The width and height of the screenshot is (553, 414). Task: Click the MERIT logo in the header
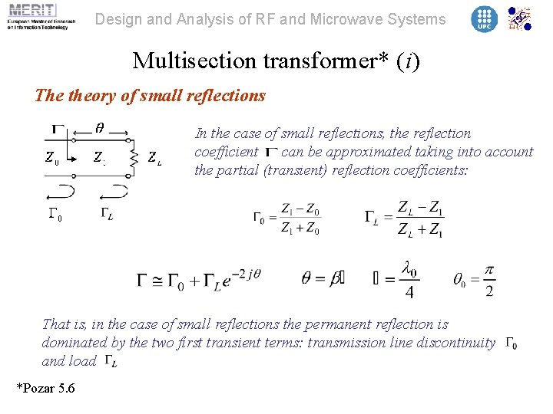pos(38,18)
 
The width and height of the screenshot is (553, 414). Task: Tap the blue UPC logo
pos(484,19)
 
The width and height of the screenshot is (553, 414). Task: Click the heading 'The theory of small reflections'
pos(151,96)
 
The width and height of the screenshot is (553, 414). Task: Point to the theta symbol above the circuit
pos(100,126)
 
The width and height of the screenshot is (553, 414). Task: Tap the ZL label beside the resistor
pos(154,158)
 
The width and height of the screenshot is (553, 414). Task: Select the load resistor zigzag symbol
pos(134,157)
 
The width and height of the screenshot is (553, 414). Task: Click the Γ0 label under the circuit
pos(54,217)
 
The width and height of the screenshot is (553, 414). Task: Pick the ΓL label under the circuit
pos(107,215)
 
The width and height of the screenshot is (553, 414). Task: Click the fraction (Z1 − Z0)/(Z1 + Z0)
pos(300,219)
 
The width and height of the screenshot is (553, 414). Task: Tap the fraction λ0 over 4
pos(409,280)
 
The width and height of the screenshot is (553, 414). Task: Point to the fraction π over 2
pos(489,280)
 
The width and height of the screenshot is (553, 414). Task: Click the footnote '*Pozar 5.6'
pos(46,389)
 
